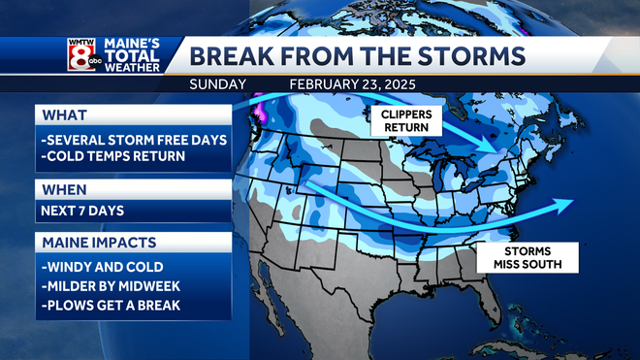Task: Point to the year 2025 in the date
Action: [x=397, y=84]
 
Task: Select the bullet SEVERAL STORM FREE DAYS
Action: [x=134, y=140]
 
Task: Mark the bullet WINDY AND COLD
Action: [x=101, y=265]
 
